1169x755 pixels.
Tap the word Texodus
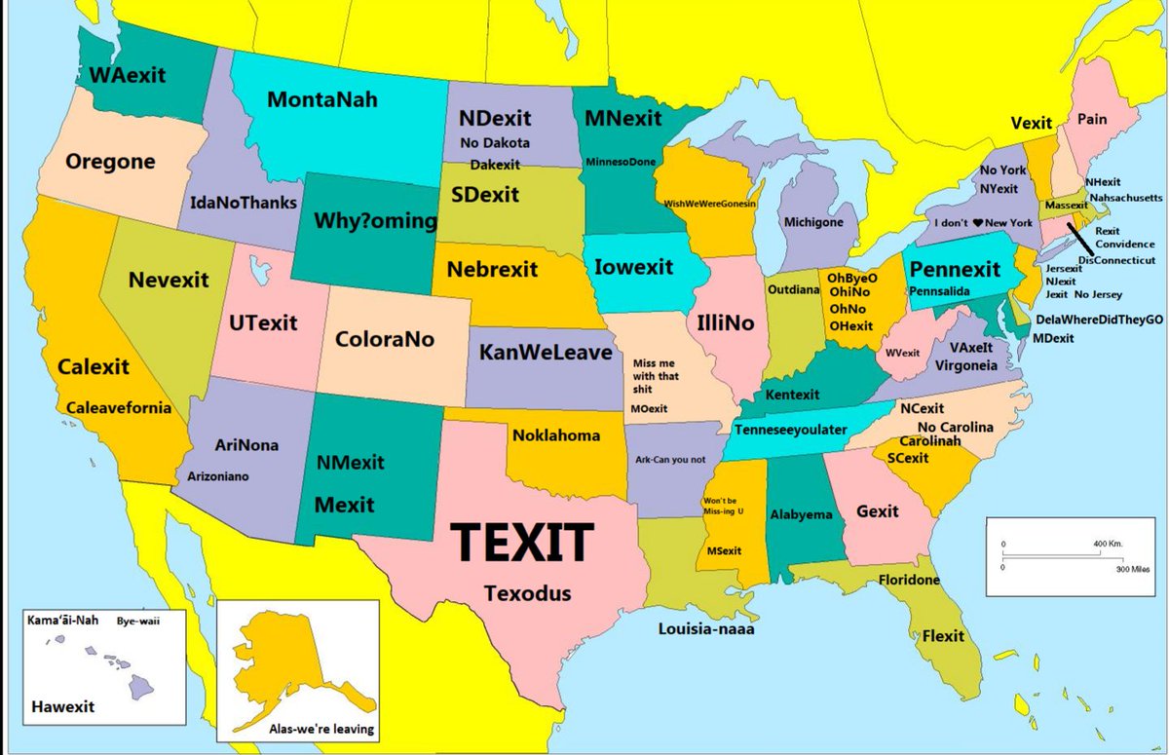[x=527, y=593]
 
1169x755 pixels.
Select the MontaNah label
[x=322, y=99]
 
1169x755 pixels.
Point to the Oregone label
[x=110, y=162]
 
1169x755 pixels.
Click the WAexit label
[x=128, y=74]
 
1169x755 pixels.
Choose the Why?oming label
[x=375, y=221]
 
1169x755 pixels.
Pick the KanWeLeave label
[x=545, y=352]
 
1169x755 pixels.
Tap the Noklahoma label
[x=556, y=435]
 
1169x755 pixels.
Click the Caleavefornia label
[x=119, y=407]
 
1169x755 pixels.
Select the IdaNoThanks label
[x=241, y=205]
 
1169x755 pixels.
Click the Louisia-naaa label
[x=706, y=628]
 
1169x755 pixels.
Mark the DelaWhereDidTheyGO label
[x=1100, y=320]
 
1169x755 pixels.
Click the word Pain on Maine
[x=1092, y=118]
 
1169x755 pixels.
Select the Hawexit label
[x=63, y=706]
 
